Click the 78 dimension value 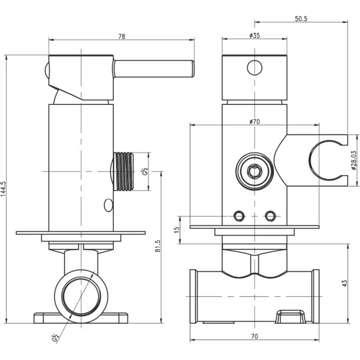[x=122, y=37]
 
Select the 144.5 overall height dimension [x=5, y=189]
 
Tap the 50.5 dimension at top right [x=300, y=19]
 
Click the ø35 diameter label [x=255, y=36]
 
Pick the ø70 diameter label [x=255, y=122]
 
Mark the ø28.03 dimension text [x=354, y=159]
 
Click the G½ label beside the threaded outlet [x=143, y=172]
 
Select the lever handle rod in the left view [x=154, y=68]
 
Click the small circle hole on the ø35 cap [x=255, y=68]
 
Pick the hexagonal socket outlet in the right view [x=255, y=171]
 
